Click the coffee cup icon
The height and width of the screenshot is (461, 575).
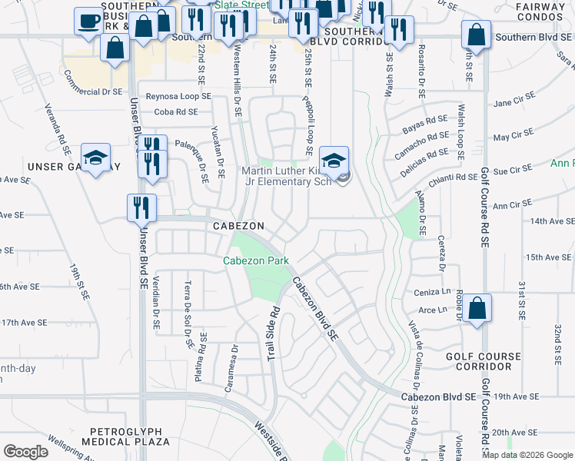(x=89, y=20)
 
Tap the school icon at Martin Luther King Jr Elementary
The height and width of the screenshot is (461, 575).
(x=334, y=161)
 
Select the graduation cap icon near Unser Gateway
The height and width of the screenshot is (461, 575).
(x=95, y=158)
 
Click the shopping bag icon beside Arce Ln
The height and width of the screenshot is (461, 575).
(x=477, y=309)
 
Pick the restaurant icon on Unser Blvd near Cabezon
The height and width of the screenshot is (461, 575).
(x=141, y=207)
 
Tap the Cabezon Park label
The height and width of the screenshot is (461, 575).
(x=256, y=260)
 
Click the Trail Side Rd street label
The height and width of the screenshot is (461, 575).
(x=273, y=337)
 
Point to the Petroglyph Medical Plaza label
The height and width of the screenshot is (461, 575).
(x=129, y=436)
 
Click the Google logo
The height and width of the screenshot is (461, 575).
(x=26, y=452)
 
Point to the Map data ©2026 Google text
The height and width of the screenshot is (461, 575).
(x=527, y=454)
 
